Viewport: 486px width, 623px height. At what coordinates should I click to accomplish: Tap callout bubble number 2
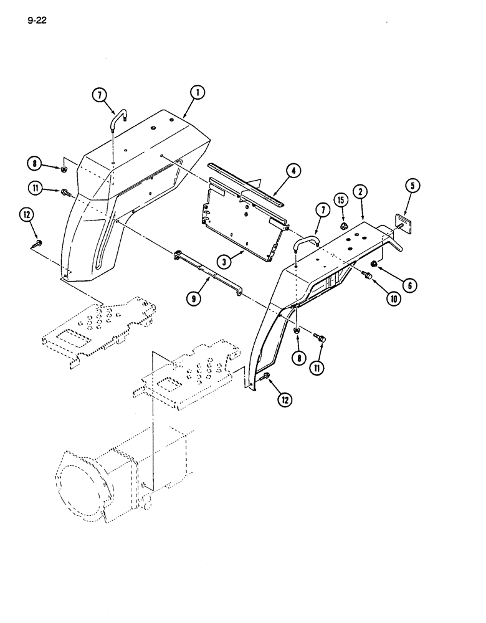coord(360,191)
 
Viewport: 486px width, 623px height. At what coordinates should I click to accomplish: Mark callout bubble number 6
coord(409,285)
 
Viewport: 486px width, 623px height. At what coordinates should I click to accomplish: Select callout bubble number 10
coord(393,298)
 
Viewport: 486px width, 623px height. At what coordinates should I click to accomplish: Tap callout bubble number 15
coord(340,200)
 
